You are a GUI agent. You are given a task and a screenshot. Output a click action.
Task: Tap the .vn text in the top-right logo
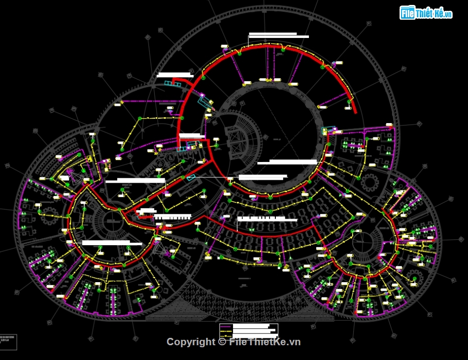point(447,14)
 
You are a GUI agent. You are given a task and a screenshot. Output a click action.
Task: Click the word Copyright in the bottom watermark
point(191,342)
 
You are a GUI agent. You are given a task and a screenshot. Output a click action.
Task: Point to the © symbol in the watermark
point(222,342)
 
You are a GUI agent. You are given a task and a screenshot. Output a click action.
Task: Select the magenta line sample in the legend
point(226,327)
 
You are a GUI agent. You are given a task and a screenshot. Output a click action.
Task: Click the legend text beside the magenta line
point(251,327)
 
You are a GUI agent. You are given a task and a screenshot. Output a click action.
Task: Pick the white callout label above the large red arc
point(279,35)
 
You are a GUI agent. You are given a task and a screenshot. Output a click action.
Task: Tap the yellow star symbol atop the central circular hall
point(269,79)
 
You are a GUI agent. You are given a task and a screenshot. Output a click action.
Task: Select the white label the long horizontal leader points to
point(263,177)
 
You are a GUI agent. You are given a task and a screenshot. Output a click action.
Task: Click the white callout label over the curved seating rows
point(267,219)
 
